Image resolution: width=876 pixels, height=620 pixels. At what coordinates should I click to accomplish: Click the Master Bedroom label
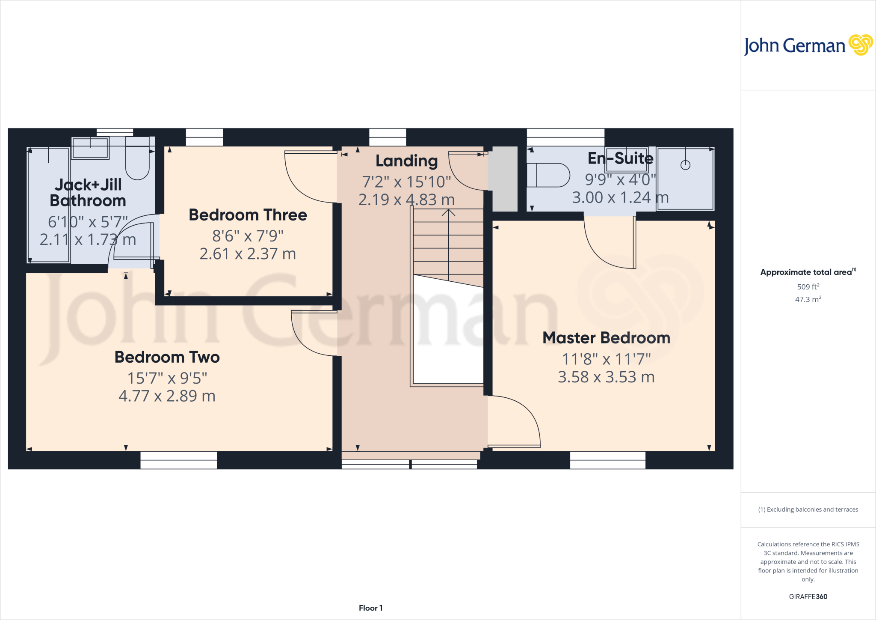(x=606, y=338)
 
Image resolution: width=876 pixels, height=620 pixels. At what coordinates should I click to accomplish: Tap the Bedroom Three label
(x=248, y=215)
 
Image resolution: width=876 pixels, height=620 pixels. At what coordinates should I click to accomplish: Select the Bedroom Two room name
(x=167, y=357)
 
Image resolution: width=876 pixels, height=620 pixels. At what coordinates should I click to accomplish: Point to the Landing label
(x=406, y=161)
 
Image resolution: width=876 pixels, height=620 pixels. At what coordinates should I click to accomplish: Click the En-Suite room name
(x=620, y=158)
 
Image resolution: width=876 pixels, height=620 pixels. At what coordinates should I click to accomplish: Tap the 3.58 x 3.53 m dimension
(x=606, y=377)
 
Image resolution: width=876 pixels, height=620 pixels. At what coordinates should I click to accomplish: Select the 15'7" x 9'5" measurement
(x=167, y=378)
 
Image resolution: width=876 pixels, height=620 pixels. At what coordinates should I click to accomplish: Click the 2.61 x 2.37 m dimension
(x=248, y=254)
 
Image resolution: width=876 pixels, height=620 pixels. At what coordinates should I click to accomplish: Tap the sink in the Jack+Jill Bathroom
(x=90, y=148)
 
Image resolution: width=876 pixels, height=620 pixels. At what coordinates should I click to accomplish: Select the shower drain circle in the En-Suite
(x=685, y=165)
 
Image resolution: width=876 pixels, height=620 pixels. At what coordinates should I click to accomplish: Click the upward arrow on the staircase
(x=448, y=213)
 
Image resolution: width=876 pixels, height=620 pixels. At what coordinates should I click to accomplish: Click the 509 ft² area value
(x=808, y=287)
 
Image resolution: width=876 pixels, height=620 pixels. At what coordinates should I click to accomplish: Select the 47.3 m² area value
(x=808, y=299)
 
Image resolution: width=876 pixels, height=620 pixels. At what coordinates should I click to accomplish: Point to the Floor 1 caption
(x=370, y=608)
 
